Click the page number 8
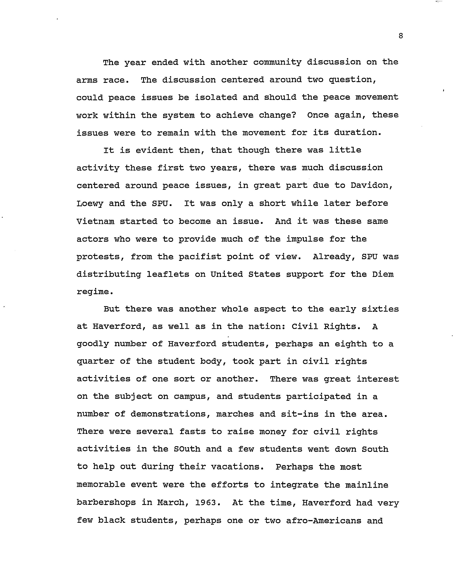[x=401, y=36]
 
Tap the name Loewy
[x=90, y=203]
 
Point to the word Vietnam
[x=95, y=221]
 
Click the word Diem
[x=383, y=274]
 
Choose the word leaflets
[x=168, y=274]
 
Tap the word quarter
[x=95, y=362]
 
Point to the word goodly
[x=93, y=344]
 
